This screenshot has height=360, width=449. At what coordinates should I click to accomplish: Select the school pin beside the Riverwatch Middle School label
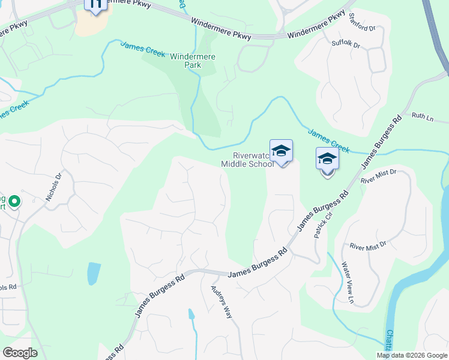[x=281, y=152]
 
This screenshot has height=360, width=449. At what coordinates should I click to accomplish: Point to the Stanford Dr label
[x=361, y=28]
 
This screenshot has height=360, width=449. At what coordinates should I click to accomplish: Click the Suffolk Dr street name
[x=345, y=44]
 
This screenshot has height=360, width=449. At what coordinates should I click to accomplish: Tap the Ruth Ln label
[x=423, y=118]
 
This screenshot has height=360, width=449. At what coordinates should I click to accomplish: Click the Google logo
[x=20, y=353]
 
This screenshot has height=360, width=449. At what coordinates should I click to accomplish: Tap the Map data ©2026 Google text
[x=411, y=355]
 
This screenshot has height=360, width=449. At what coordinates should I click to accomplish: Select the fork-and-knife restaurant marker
[x=95, y=5]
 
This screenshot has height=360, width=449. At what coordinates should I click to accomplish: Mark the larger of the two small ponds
[x=93, y=273]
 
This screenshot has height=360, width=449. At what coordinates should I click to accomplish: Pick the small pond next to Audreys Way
[x=191, y=314]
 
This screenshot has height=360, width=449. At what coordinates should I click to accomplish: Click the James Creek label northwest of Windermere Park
[x=143, y=49]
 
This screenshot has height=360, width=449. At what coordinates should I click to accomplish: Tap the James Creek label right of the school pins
[x=328, y=139]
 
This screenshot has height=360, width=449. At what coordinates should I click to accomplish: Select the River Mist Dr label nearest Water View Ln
[x=369, y=246]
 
